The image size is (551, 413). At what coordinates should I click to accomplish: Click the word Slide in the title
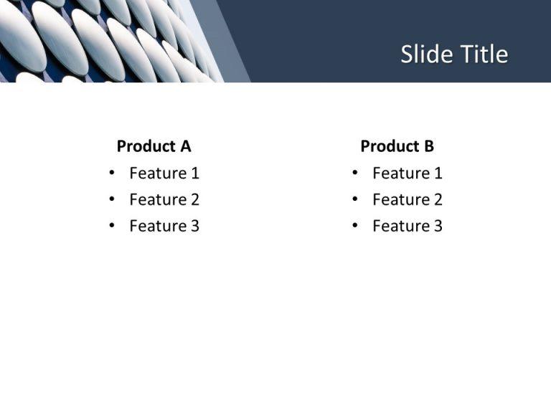tap(427, 54)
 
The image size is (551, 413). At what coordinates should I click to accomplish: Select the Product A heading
tap(154, 146)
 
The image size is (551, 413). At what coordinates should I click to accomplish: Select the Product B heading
tap(397, 146)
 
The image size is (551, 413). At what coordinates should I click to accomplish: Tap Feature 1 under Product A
tap(164, 173)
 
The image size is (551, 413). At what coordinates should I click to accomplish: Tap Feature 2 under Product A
tap(164, 199)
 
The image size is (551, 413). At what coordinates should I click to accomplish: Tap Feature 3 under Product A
tap(164, 226)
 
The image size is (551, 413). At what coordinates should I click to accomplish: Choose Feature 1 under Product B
tap(408, 173)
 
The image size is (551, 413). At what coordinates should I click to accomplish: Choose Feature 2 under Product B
tap(408, 199)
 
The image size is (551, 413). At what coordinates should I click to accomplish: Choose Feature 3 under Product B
tap(408, 226)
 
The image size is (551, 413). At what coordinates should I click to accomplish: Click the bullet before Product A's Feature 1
tap(112, 172)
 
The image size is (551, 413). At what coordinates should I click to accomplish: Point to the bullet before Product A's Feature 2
tap(112, 199)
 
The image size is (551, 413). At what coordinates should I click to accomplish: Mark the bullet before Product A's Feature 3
tap(112, 225)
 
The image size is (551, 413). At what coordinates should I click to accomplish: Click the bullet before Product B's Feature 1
tap(355, 172)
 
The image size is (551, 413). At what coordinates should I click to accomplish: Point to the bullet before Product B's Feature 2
tap(355, 199)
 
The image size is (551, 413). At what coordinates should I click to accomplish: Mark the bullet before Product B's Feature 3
tap(355, 225)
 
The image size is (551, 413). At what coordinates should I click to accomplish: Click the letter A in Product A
tap(186, 146)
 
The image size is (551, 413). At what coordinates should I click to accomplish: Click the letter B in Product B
tap(430, 146)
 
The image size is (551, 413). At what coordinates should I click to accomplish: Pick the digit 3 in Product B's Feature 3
tap(438, 226)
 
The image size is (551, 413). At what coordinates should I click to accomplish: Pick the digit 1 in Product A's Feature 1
tap(195, 173)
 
